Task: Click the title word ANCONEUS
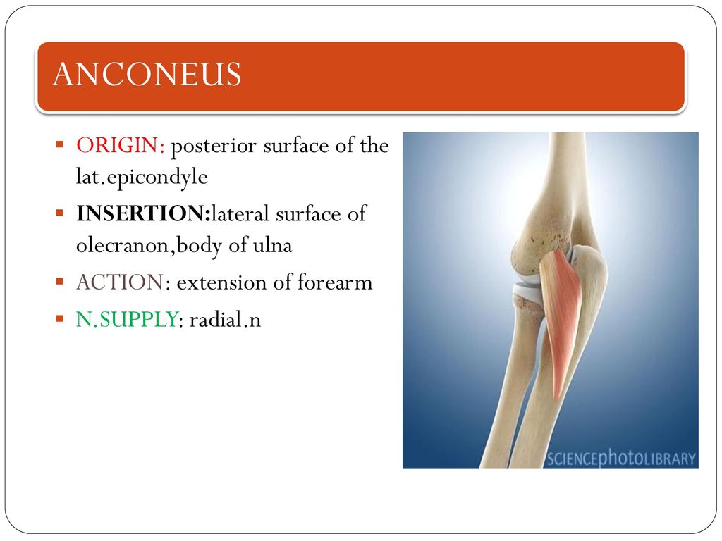(147, 74)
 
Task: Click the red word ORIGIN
(120, 145)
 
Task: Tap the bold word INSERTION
(142, 213)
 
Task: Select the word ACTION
(120, 282)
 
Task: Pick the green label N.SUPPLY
(127, 319)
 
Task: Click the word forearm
(335, 282)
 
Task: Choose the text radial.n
(225, 319)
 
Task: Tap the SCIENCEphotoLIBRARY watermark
(621, 458)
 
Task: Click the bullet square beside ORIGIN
(59, 145)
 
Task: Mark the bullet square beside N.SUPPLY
(59, 318)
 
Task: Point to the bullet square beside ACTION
(59, 281)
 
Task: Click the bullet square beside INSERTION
(59, 213)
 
